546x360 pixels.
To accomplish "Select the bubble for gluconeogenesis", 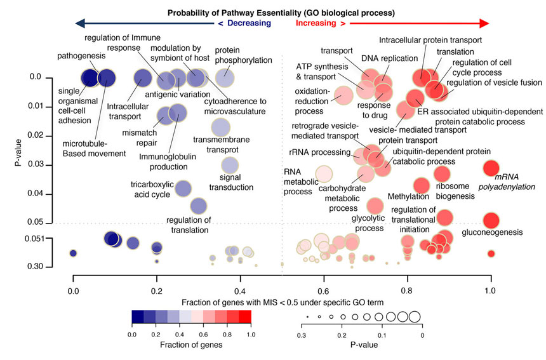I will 491,220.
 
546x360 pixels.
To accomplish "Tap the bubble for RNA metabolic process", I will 324,173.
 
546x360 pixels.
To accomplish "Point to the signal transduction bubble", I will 229,166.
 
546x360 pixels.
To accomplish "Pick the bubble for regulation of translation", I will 199,206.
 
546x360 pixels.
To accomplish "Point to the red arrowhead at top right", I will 484,23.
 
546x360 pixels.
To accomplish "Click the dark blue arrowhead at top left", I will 79,23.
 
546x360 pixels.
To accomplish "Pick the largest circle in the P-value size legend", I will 414,316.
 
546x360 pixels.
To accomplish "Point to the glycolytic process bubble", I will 375,206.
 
